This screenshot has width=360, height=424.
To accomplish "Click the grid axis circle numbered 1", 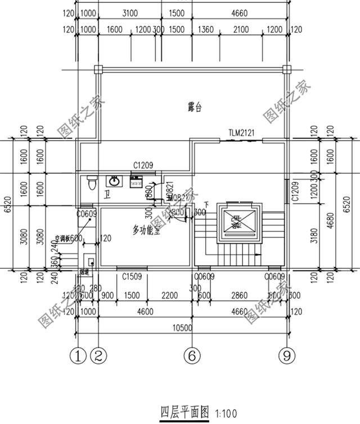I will [78, 355].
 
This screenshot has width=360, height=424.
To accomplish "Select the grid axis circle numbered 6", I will [191, 355].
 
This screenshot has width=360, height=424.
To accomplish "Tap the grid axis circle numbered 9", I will [286, 355].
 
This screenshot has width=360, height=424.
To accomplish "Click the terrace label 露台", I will [196, 106].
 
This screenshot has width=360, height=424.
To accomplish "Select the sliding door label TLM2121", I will [242, 133].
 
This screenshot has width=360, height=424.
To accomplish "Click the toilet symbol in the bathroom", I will [92, 182].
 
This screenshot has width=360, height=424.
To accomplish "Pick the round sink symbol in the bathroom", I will [114, 181].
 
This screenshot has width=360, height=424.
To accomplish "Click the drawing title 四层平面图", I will [178, 412].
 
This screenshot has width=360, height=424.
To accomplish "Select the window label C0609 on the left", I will [87, 213].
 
